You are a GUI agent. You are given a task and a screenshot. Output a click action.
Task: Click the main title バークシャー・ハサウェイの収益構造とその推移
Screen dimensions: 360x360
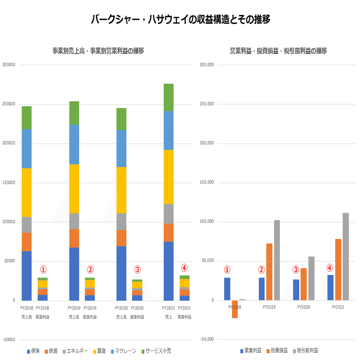(x=180, y=19)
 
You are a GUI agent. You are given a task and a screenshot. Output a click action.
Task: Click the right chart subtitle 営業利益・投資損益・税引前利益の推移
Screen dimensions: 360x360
(x=278, y=51)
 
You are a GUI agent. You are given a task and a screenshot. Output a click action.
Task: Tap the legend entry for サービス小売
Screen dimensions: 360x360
(x=156, y=351)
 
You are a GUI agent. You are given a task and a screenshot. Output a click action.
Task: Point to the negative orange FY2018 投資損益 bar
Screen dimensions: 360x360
(x=234, y=309)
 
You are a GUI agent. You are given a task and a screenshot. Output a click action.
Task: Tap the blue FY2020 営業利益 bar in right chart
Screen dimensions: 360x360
(x=296, y=290)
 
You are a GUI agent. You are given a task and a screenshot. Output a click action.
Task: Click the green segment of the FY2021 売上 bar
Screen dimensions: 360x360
(x=168, y=97)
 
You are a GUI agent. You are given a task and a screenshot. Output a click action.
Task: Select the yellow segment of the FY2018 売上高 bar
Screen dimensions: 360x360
(x=27, y=193)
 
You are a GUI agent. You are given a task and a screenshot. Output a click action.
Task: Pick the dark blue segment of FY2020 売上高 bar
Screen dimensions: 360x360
(x=121, y=273)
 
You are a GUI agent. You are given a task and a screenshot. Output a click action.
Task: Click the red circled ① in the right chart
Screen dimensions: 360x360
(x=227, y=270)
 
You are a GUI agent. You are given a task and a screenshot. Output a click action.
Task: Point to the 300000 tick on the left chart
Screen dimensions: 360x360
(x=9, y=65)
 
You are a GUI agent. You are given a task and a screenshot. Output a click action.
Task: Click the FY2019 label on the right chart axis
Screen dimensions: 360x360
(x=269, y=307)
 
